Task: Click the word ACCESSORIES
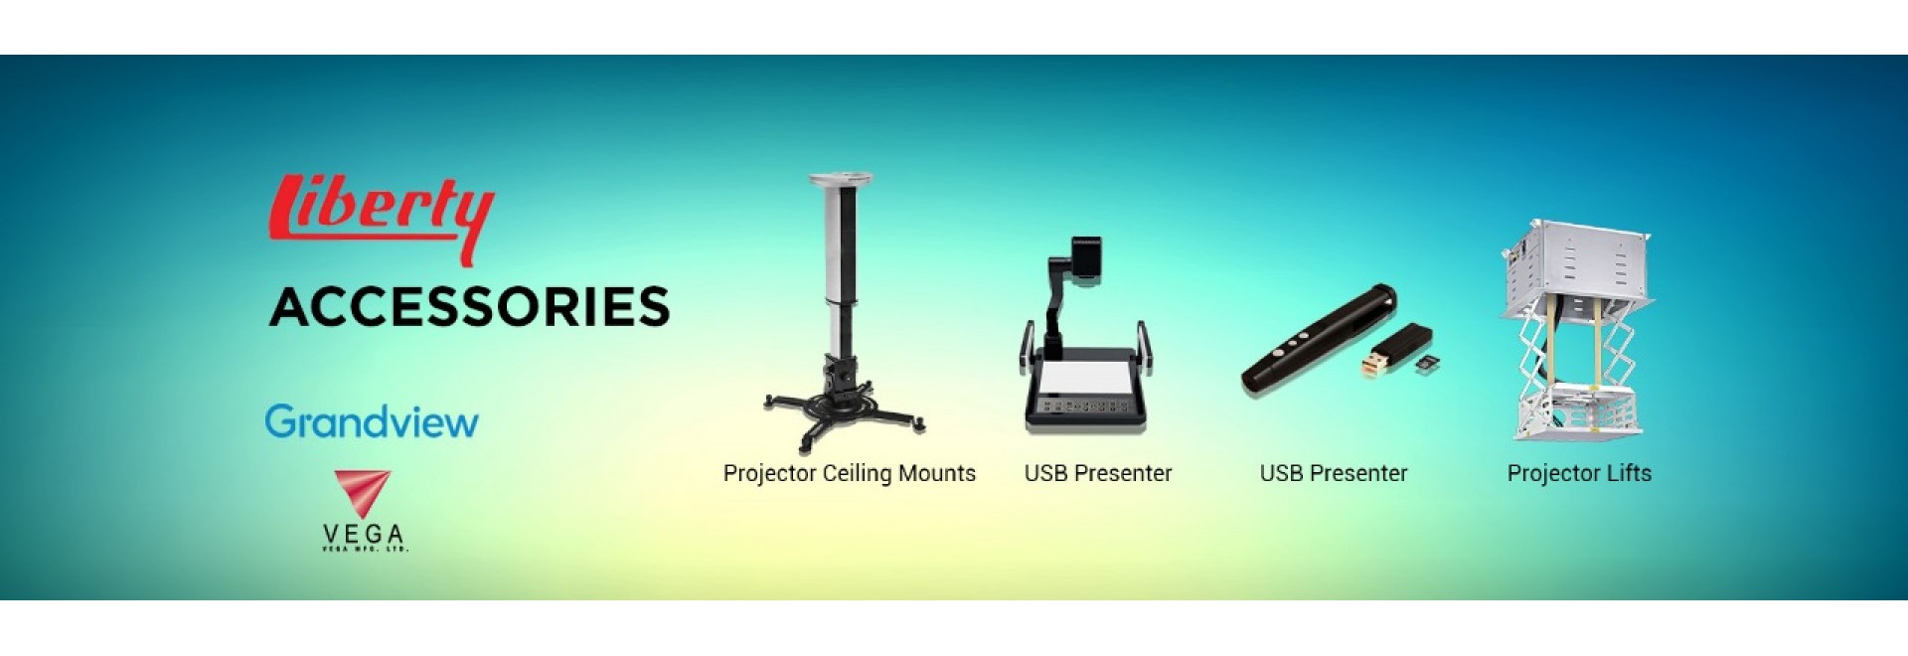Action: pyautogui.click(x=469, y=306)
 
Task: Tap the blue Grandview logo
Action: pyautogui.click(x=372, y=421)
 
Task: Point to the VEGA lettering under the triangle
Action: pyautogui.click(x=364, y=535)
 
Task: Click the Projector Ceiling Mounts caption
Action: pyautogui.click(x=849, y=473)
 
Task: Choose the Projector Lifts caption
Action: pyautogui.click(x=1578, y=473)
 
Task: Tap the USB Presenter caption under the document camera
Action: pyautogui.click(x=1097, y=473)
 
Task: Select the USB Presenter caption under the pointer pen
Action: pyautogui.click(x=1333, y=473)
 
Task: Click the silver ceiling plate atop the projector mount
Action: pyautogui.click(x=841, y=181)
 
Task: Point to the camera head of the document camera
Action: pyautogui.click(x=1085, y=258)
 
